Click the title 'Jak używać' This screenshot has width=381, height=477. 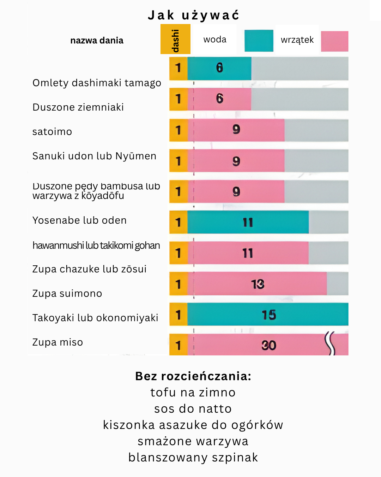click(x=193, y=15)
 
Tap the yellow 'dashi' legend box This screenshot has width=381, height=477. click(x=175, y=39)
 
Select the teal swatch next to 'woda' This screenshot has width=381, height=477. click(x=259, y=41)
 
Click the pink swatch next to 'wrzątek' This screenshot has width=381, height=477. click(x=334, y=41)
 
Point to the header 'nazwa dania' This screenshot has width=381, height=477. click(x=97, y=41)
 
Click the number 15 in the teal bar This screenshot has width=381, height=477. click(x=269, y=315)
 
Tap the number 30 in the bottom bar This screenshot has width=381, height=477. click(x=269, y=345)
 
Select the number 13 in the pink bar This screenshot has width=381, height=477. click(x=258, y=284)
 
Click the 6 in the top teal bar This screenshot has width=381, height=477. click(x=219, y=68)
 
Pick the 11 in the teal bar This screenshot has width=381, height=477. click(x=248, y=223)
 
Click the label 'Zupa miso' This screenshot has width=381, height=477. click(x=58, y=342)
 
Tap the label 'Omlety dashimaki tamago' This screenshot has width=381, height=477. click(x=97, y=83)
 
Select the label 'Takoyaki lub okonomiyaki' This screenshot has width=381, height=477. click(x=95, y=318)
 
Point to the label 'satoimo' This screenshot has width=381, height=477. click(x=52, y=131)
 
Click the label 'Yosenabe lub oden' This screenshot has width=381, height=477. click(x=79, y=220)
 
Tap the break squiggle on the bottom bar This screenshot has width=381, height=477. click(x=330, y=343)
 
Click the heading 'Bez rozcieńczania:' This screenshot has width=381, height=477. click(x=193, y=376)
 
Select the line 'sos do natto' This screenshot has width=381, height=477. click(x=193, y=408)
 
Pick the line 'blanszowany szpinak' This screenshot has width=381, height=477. click(x=193, y=457)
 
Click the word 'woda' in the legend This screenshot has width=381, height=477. click(x=215, y=40)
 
